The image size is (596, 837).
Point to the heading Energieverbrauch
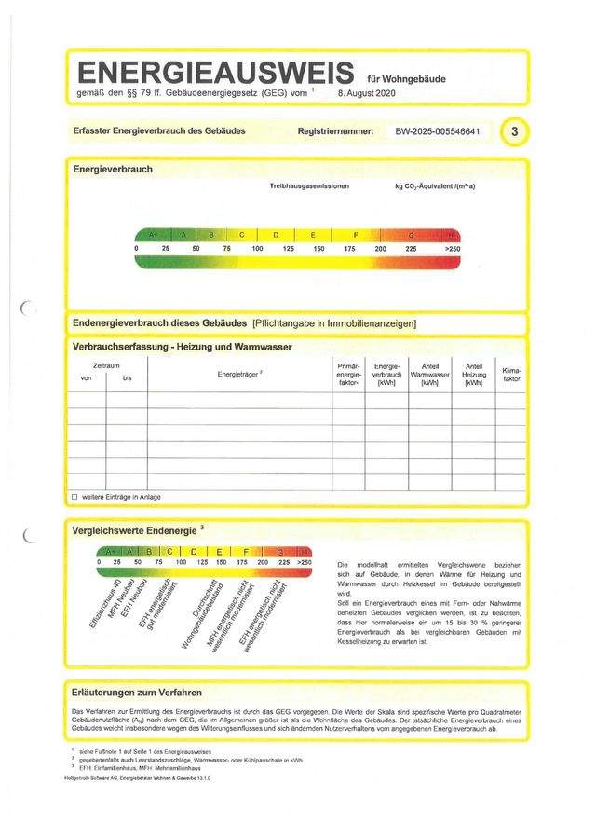(113, 170)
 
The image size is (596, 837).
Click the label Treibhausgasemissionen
(309, 187)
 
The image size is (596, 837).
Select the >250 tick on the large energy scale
(453, 250)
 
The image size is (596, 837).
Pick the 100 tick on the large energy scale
(257, 250)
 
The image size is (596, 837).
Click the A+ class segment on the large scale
(153, 234)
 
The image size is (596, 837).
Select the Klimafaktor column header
(511, 375)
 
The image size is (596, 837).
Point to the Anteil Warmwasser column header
(429, 374)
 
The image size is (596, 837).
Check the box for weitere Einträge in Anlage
(74, 497)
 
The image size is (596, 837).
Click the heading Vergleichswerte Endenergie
(135, 530)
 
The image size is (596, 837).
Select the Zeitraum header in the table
(105, 366)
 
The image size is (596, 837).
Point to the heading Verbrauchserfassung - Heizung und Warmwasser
(183, 347)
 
